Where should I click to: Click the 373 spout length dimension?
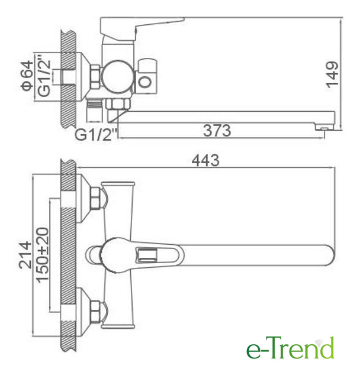click(217, 131)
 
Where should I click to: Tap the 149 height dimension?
click(332, 75)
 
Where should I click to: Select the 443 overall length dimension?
click(205, 160)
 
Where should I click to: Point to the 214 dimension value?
click(25, 255)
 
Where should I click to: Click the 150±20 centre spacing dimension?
click(43, 255)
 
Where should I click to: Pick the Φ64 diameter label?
click(27, 76)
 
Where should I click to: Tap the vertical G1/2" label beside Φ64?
click(44, 76)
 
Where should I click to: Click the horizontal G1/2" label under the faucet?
click(96, 134)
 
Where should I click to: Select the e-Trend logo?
click(290, 347)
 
